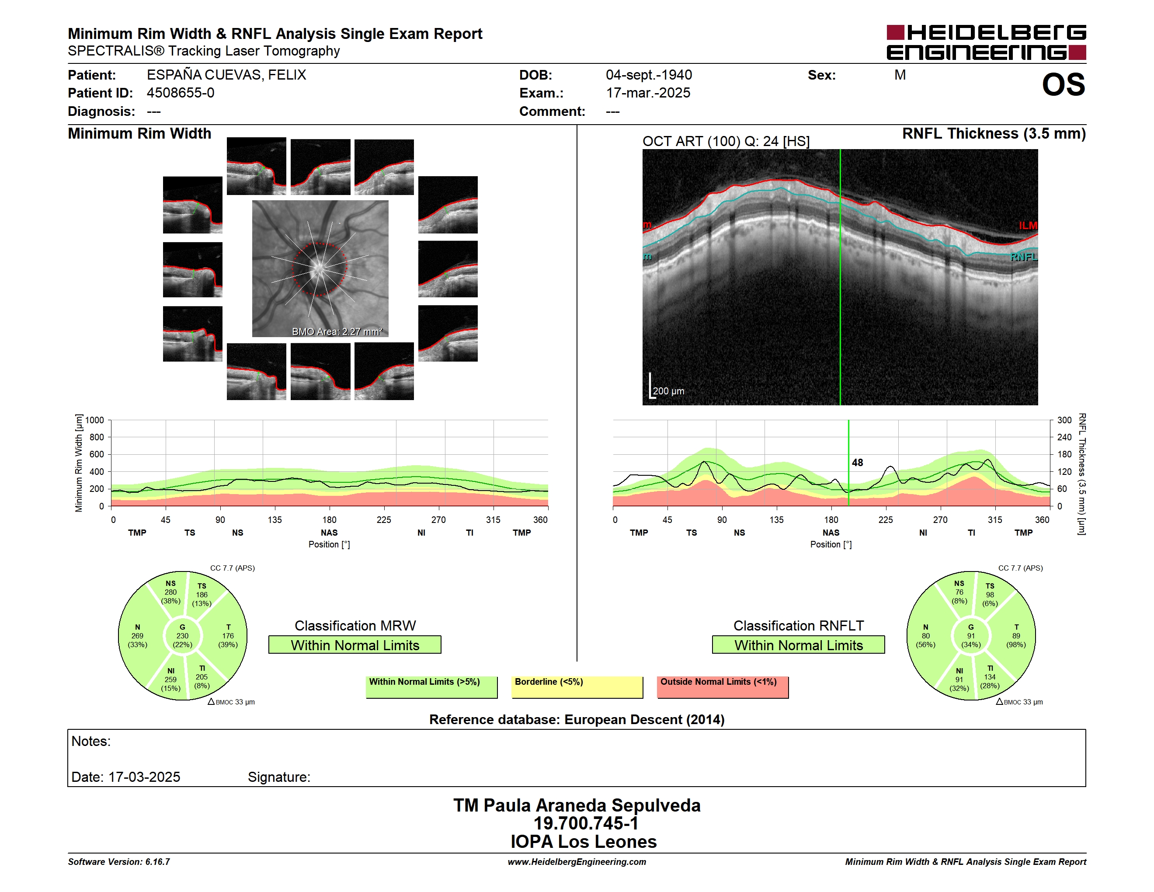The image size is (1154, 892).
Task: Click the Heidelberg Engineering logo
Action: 986,42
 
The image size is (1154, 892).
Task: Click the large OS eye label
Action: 1063,84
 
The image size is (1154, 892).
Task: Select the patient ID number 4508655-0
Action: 181,93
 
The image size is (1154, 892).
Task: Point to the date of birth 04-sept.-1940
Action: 649,75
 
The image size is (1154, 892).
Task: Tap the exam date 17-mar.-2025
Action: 648,93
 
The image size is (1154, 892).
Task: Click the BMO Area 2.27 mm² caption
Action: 337,331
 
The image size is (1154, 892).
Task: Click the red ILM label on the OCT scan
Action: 1028,226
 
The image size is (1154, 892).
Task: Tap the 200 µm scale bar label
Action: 668,391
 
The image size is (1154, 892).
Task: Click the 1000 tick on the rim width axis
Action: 94,421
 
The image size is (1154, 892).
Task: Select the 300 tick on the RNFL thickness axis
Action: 1064,421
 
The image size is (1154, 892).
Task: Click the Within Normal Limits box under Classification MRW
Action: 355,645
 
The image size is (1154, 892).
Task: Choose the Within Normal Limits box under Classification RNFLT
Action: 798,645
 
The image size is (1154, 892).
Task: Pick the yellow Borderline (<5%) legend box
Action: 577,687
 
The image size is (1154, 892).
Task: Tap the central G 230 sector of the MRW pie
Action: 182,636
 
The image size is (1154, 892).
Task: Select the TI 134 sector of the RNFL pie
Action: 990,677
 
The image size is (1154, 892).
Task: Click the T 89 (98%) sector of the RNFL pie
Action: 1015,636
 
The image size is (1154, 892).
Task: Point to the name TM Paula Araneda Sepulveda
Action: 577,805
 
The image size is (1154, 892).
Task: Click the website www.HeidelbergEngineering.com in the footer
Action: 577,862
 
